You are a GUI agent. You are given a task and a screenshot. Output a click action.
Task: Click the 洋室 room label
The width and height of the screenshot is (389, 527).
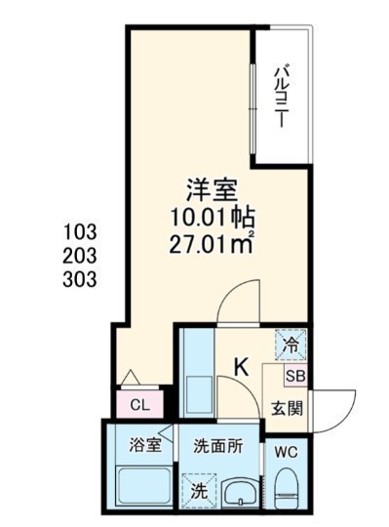point(213,190)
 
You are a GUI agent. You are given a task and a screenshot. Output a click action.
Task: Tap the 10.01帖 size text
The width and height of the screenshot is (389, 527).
point(213,218)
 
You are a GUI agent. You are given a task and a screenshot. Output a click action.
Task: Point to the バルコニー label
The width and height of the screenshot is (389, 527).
point(281,98)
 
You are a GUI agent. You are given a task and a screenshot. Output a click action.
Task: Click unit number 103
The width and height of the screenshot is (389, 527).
point(80,232)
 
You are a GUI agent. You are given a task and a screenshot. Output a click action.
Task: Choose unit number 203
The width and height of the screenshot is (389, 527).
point(80,256)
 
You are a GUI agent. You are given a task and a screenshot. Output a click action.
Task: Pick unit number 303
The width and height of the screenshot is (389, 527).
point(80,280)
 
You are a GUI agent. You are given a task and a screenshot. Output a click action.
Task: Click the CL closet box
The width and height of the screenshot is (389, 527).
point(139,404)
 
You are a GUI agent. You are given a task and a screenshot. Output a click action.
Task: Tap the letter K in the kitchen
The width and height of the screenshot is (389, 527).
point(242,367)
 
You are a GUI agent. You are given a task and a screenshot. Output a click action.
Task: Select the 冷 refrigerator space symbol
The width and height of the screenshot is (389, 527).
point(291,345)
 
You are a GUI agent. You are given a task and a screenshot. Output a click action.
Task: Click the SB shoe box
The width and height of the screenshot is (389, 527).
point(295,376)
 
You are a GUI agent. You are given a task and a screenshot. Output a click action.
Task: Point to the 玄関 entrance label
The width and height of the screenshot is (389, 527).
point(287,409)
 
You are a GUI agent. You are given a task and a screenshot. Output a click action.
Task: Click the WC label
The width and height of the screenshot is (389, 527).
point(287,453)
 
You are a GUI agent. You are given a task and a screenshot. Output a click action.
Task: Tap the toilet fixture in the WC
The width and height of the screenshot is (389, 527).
point(287,487)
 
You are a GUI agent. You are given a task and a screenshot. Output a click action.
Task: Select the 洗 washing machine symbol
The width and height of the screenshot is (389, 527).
point(199,492)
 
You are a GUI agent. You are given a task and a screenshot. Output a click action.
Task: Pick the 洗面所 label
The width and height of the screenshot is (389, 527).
point(218,446)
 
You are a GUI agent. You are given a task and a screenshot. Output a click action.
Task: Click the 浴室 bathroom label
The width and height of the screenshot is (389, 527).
point(145,445)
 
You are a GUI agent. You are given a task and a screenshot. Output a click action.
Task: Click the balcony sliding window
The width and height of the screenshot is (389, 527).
point(253,109)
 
